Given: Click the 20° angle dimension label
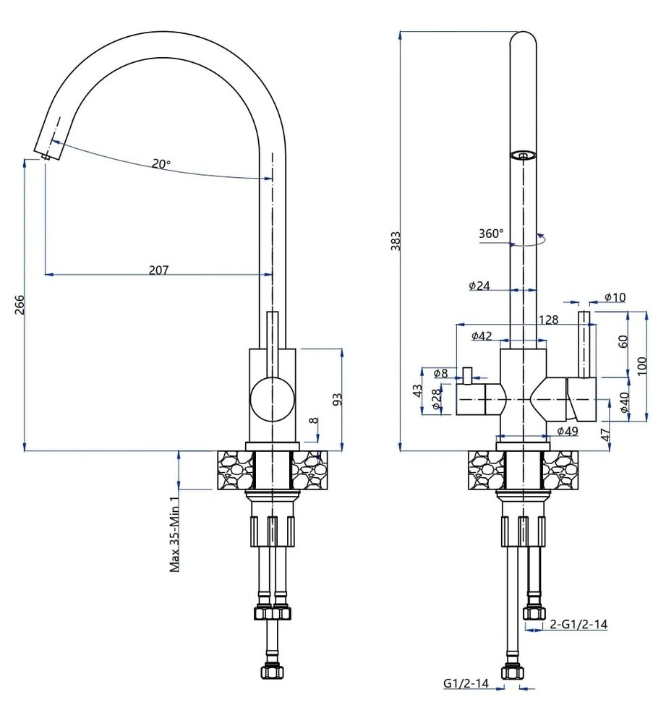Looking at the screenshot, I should click(x=161, y=164).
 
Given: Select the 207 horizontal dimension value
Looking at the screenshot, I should click(x=158, y=270).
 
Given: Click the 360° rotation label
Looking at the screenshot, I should click(x=491, y=234).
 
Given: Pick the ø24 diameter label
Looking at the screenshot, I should click(x=479, y=286).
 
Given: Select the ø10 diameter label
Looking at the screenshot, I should click(x=615, y=297).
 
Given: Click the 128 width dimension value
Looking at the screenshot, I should click(x=548, y=320).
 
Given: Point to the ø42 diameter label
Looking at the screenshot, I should click(x=482, y=335).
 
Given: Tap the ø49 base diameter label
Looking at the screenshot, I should click(x=568, y=432).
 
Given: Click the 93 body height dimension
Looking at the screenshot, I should click(x=336, y=399).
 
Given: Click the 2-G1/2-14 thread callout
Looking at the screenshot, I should click(x=579, y=625).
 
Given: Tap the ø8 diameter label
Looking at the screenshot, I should click(x=441, y=373).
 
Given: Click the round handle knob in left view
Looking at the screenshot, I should click(x=273, y=398).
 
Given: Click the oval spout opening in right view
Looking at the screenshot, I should click(x=524, y=154).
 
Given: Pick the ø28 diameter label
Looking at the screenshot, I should click(x=436, y=401).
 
